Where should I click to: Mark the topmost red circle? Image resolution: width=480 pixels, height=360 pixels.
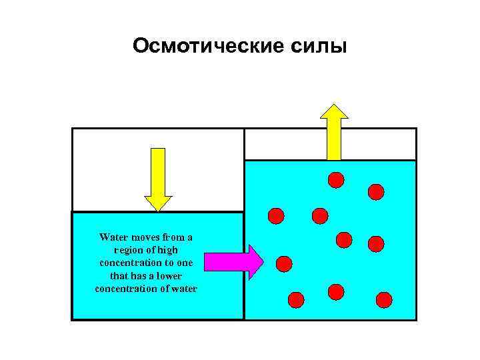pyautogui.click(x=336, y=179)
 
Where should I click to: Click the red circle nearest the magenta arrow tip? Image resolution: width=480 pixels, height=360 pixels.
pyautogui.click(x=284, y=264)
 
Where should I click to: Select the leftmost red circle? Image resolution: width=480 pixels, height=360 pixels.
pyautogui.click(x=276, y=215)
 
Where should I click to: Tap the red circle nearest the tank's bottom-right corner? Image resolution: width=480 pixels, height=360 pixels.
pyautogui.click(x=384, y=299)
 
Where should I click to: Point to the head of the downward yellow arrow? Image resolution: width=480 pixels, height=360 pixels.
pyautogui.click(x=158, y=203)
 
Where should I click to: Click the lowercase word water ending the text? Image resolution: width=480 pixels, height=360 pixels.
pyautogui.click(x=183, y=288)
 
